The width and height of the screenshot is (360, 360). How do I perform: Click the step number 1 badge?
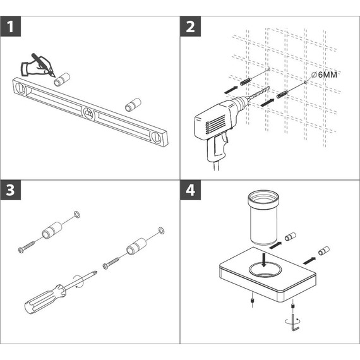click(11, 27)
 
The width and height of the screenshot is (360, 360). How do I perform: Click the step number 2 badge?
click(190, 27)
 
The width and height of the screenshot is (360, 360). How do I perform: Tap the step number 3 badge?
click(11, 190)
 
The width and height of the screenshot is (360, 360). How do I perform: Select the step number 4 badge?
click(190, 190)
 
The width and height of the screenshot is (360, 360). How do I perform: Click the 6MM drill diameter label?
click(324, 75)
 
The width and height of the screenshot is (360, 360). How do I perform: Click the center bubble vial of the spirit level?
click(88, 114)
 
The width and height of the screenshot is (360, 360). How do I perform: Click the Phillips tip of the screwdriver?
click(95, 273)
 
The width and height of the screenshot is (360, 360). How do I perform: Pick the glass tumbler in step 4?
click(263, 217)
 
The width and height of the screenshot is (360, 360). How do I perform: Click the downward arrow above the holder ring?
click(264, 260)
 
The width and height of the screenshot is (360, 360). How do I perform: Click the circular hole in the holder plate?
click(265, 269)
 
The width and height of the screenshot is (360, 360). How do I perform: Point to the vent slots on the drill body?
click(216, 124)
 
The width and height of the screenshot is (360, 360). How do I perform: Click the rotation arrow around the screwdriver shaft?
click(79, 281)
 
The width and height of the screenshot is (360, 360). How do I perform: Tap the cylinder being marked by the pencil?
click(62, 79)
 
